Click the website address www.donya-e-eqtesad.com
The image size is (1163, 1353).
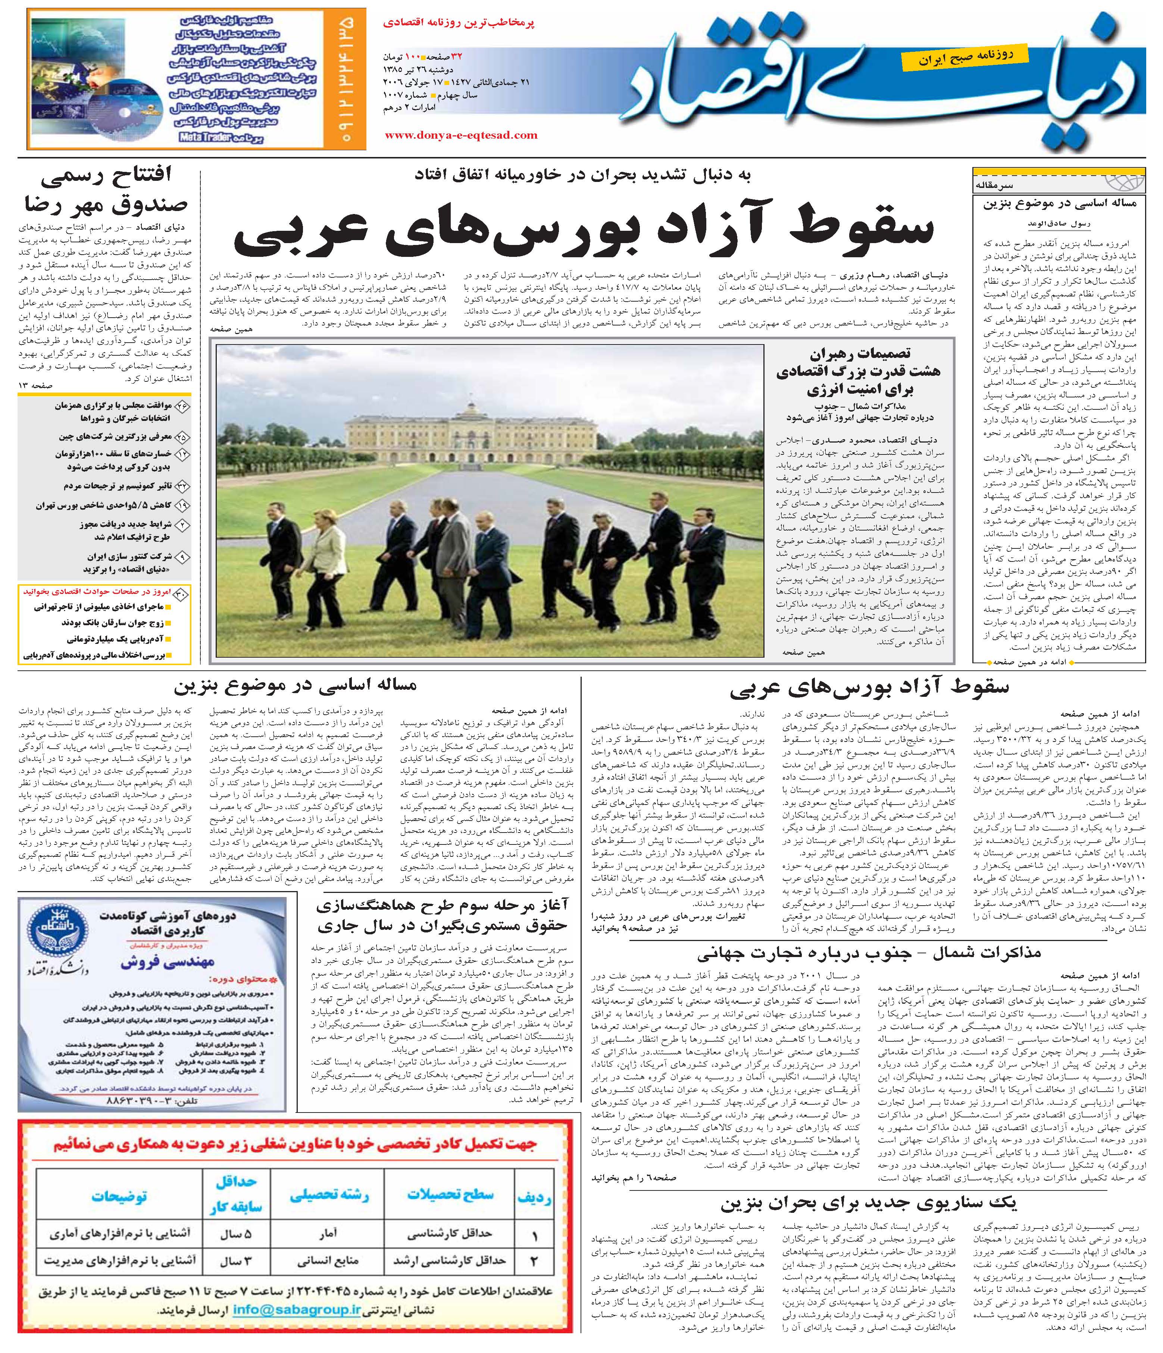pyautogui.click(x=461, y=136)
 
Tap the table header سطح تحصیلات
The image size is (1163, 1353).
pyautogui.click(x=450, y=1195)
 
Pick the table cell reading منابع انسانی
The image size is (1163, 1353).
pyautogui.click(x=328, y=1261)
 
